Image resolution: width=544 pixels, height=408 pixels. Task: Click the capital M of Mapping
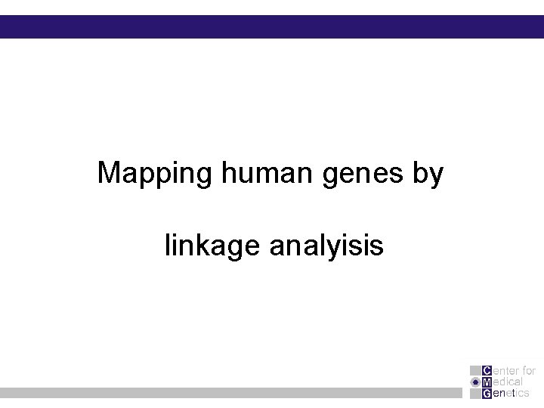(110, 174)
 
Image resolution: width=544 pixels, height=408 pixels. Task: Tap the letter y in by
(437, 178)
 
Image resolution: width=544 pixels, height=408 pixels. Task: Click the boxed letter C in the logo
(486, 371)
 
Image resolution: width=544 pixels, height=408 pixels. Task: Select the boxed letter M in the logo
(486, 382)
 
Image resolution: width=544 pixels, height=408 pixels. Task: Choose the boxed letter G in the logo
(486, 394)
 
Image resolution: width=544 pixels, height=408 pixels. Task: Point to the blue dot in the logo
(474, 382)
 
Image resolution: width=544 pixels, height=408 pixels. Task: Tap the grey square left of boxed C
(474, 371)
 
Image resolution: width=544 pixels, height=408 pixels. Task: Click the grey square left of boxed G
(474, 394)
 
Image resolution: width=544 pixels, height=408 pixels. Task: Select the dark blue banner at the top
(272, 26)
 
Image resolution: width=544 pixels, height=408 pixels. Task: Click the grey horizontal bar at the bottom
(227, 393)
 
